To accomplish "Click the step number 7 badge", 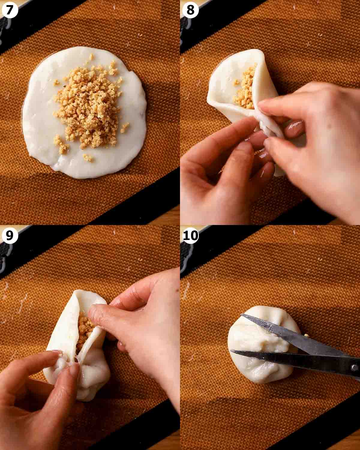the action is click(x=10, y=10).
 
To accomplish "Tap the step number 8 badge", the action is click(x=190, y=10).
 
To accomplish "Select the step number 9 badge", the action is click(x=10, y=235).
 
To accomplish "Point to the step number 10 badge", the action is click(x=190, y=235).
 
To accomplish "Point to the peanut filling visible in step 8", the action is click(x=245, y=88).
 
